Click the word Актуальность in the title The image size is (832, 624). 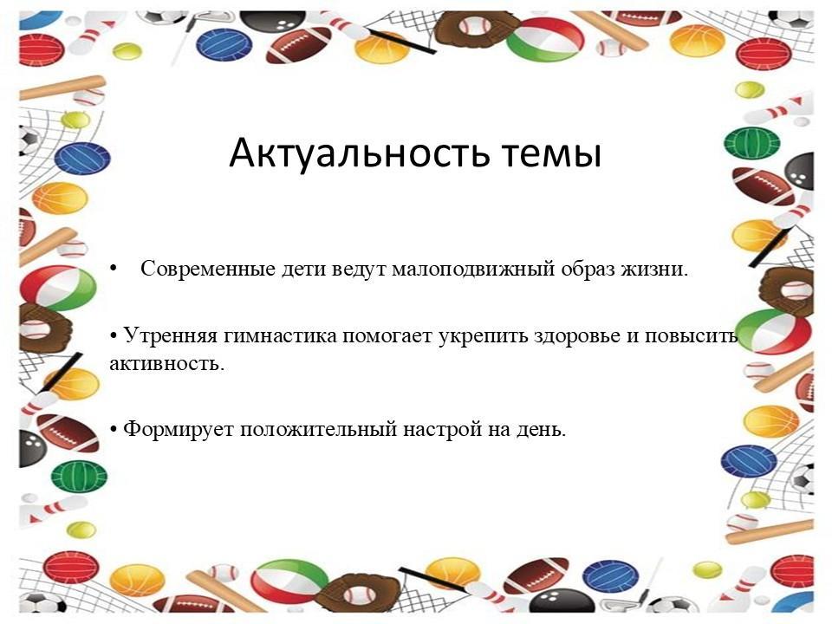coord(359,153)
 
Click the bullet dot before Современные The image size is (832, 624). coord(113,269)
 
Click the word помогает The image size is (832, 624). coord(387,336)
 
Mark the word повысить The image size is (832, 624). coord(691,336)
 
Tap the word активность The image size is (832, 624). coord(167,364)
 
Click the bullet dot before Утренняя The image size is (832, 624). coord(113,336)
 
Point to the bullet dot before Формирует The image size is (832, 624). coord(113,429)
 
